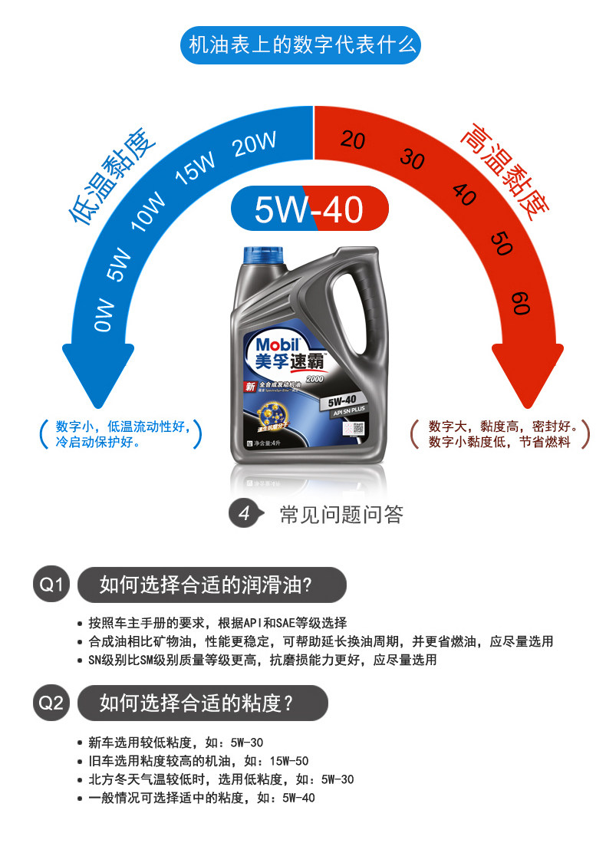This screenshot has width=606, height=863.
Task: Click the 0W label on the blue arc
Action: (105, 315)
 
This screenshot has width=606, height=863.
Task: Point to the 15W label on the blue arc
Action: (196, 166)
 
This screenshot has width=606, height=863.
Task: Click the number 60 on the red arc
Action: (521, 302)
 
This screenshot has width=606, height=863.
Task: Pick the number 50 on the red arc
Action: (500, 243)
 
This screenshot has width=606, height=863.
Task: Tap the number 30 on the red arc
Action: (412, 159)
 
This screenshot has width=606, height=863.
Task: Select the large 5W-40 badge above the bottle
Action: (310, 209)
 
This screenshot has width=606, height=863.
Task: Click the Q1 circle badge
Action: (51, 585)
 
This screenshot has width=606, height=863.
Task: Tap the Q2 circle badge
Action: (51, 703)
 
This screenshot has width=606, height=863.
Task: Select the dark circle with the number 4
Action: (244, 514)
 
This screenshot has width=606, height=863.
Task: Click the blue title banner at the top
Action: (302, 46)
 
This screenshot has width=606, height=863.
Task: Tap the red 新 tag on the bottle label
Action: (249, 387)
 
